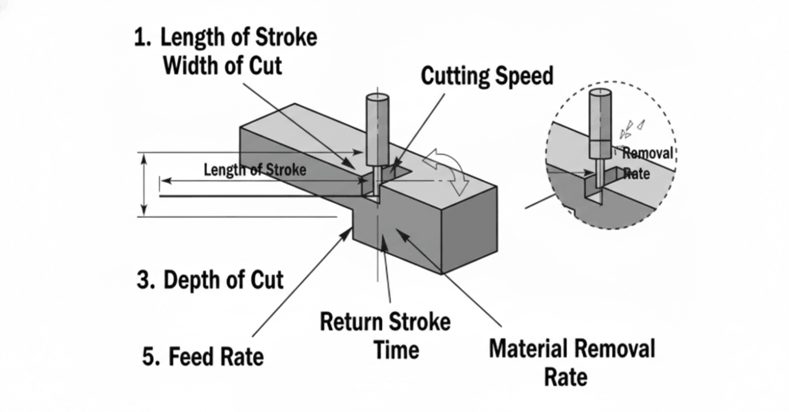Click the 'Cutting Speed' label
487,76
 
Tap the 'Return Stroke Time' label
385,335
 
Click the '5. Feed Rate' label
203,357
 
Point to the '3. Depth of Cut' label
210,280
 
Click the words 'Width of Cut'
223,66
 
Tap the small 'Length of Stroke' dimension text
255,170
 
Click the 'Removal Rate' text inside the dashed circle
646,162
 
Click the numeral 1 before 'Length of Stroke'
141,38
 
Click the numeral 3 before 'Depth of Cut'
144,281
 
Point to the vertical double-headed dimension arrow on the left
144,185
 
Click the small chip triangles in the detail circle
632,129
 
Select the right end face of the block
469,229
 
